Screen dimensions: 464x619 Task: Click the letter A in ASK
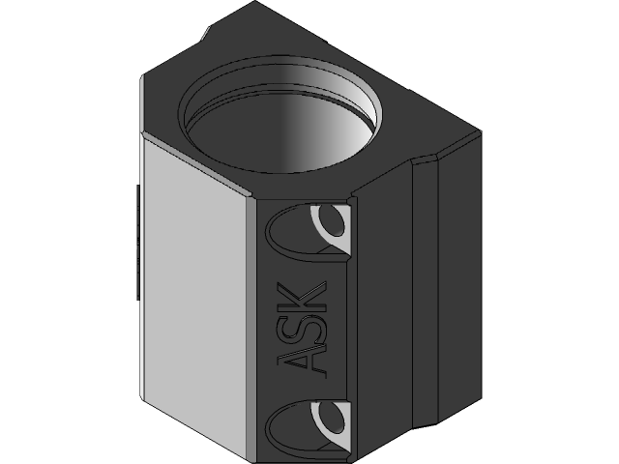[x=301, y=360]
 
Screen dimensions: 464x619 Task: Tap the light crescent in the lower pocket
[x=332, y=418]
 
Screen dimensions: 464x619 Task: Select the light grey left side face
[x=193, y=290]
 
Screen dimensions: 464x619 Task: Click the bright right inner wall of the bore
[x=329, y=126]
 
